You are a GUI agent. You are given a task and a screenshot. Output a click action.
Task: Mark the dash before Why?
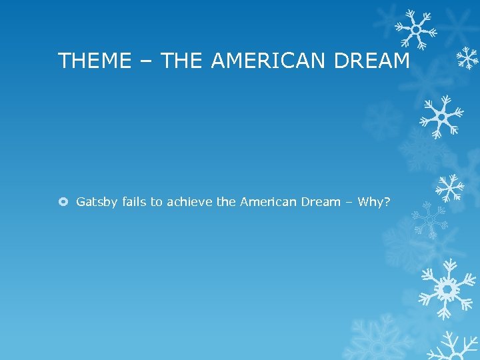[349, 202]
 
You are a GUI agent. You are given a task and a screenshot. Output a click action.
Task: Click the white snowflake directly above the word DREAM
[415, 28]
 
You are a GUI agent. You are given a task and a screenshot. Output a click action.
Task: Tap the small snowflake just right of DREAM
[468, 59]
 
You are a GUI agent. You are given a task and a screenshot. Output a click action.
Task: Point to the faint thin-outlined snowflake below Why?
[431, 220]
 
